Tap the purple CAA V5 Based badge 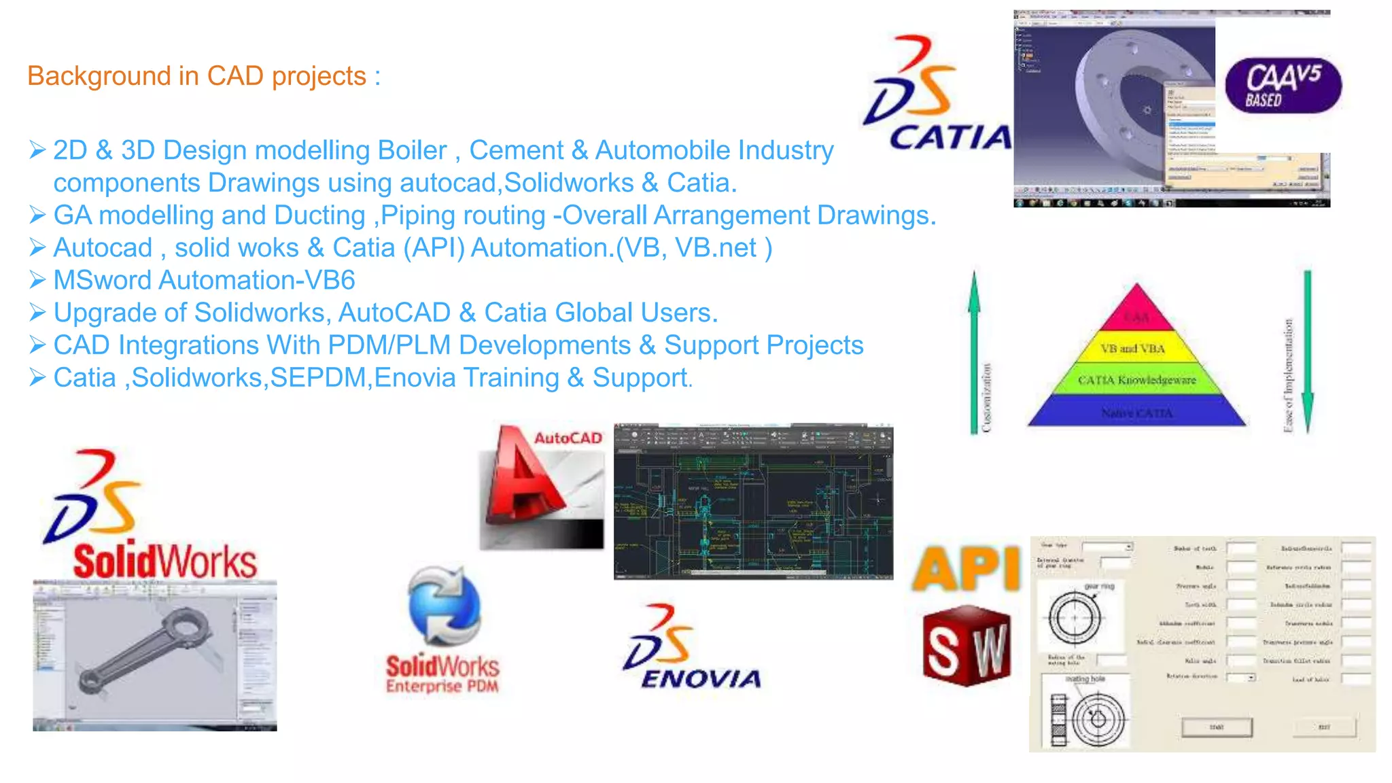(1283, 86)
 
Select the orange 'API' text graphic (966, 568)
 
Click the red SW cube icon (966, 646)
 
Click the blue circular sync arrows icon (445, 606)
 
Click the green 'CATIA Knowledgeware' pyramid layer (1136, 379)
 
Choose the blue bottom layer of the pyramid (1137, 412)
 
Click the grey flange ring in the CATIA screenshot (1115, 102)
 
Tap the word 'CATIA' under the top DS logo (950, 138)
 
